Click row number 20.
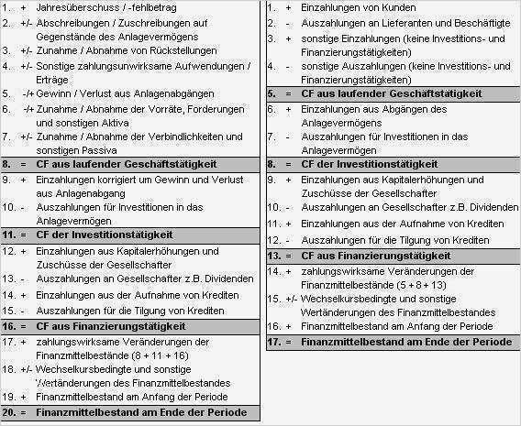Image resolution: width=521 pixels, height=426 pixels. (9, 413)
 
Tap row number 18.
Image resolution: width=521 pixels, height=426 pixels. (9, 369)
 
